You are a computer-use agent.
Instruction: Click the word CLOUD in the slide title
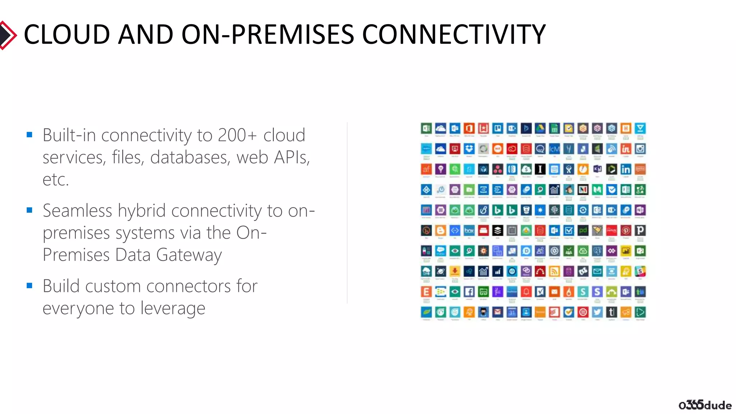click(67, 34)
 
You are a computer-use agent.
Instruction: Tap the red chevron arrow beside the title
click(8, 35)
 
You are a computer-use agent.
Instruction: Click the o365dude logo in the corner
click(705, 405)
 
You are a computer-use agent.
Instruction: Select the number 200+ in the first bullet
click(237, 135)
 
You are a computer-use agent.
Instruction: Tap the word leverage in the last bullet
click(173, 308)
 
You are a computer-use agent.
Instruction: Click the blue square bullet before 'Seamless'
click(29, 210)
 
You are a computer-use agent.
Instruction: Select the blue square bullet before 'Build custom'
click(29, 286)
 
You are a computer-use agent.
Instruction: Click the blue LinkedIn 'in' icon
click(626, 169)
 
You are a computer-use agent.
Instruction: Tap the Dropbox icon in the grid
click(469, 149)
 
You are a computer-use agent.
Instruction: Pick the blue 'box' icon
click(469, 230)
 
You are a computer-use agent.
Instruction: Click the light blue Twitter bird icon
click(597, 312)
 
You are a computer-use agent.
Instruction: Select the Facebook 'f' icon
click(469, 291)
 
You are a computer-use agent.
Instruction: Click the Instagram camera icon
click(640, 149)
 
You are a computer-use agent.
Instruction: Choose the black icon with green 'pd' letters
click(583, 230)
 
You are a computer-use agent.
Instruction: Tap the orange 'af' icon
click(426, 169)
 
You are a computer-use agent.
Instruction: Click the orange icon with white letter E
click(426, 291)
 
